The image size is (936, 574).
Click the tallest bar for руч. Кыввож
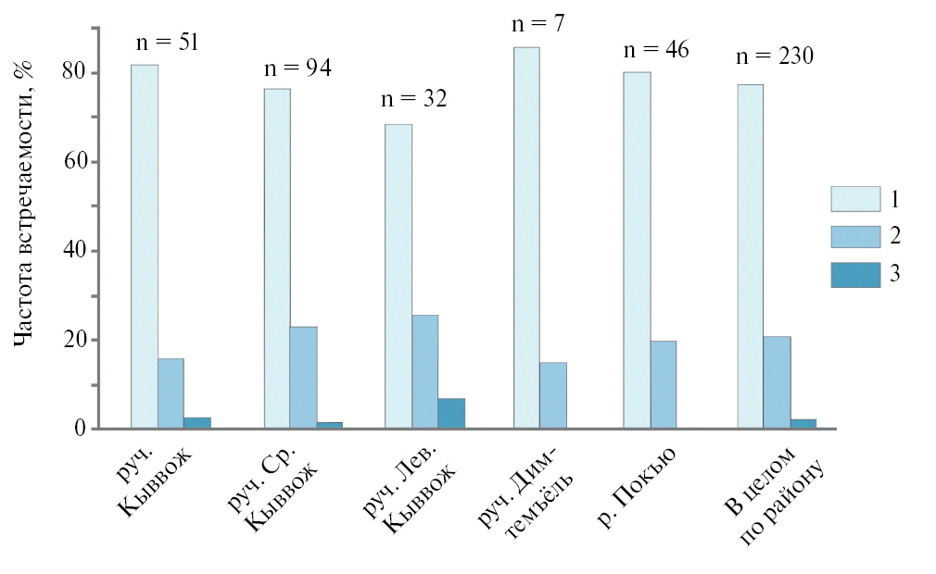click(x=144, y=246)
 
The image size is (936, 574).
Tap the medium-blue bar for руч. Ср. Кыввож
click(x=303, y=378)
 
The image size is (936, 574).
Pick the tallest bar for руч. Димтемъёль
click(x=525, y=238)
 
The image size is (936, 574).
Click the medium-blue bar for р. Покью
click(x=663, y=385)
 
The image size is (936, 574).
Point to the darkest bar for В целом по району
click(x=803, y=424)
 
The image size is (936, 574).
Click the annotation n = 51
click(x=168, y=42)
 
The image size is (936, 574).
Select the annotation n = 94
click(x=297, y=68)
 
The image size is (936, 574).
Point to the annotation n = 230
click(x=775, y=56)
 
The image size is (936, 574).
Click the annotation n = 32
click(x=413, y=98)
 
